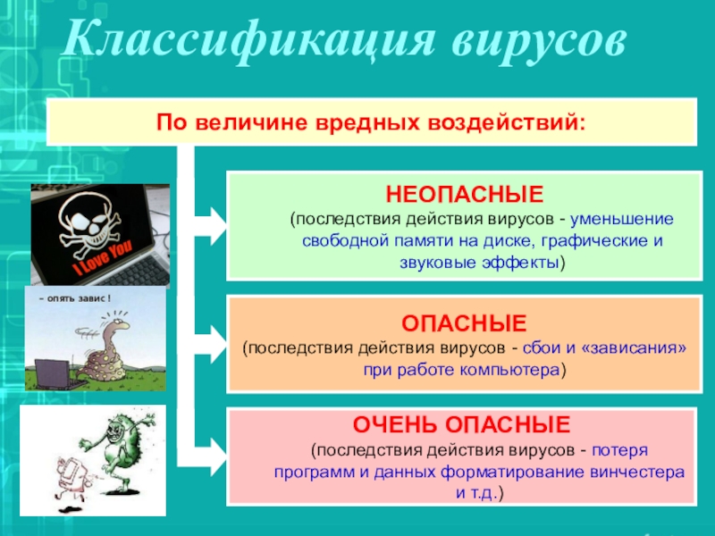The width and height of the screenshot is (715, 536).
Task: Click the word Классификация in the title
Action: pyautogui.click(x=248, y=40)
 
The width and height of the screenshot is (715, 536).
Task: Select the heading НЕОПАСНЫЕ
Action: pyautogui.click(x=465, y=195)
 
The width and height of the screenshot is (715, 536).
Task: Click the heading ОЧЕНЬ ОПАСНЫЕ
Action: pyautogui.click(x=461, y=425)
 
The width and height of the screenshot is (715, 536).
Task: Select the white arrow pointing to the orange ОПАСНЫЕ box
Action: pyautogui.click(x=211, y=344)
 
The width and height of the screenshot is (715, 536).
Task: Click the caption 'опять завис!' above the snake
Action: pyautogui.click(x=75, y=299)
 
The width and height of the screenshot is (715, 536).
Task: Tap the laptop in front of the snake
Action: pyautogui.click(x=55, y=374)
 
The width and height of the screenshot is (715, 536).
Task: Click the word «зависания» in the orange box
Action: pyautogui.click(x=634, y=348)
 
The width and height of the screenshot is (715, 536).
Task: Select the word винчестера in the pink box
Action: pyautogui.click(x=637, y=472)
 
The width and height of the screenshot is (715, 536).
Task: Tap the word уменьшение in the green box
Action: pyautogui.click(x=622, y=219)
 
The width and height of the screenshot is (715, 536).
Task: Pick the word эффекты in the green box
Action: pyautogui.click(x=520, y=263)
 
